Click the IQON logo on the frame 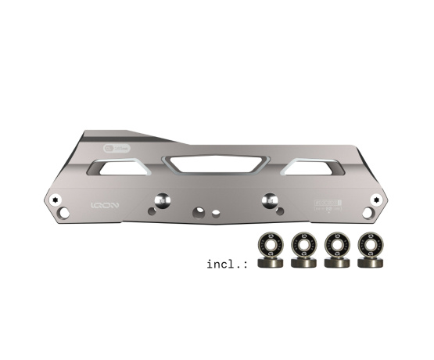coord(104,207)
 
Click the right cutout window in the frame coord(315,165)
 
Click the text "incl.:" coord(227,263)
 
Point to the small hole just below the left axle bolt coord(152,211)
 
